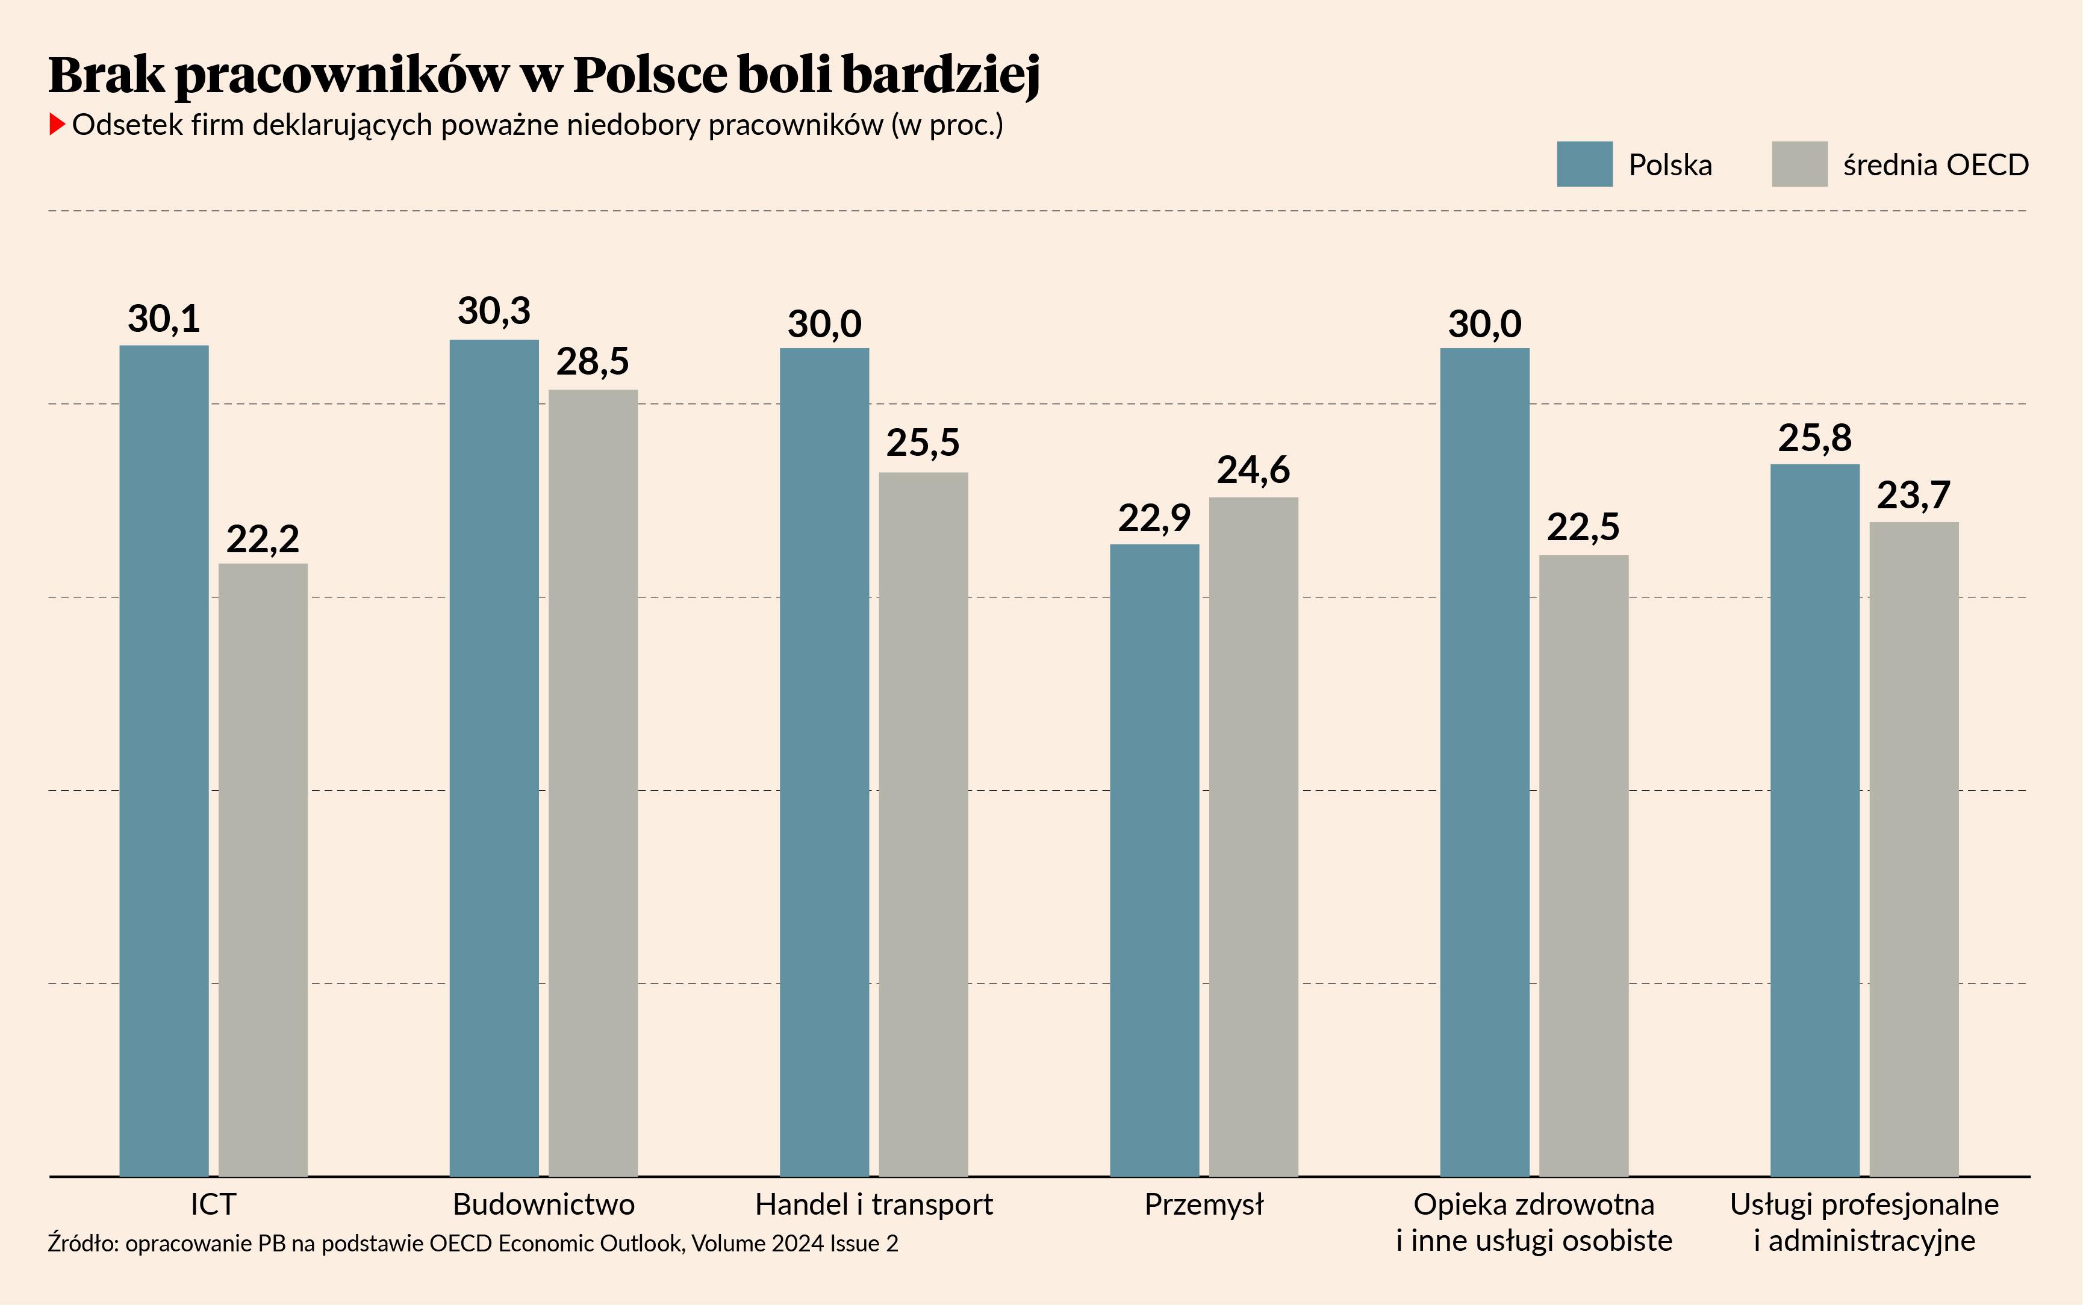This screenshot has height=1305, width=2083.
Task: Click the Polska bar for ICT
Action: click(164, 759)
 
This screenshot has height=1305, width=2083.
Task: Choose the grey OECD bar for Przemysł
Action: click(1254, 836)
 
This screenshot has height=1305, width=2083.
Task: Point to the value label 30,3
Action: click(494, 311)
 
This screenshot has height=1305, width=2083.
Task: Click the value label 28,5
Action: click(593, 363)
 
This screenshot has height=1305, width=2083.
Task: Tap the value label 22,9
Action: click(1154, 519)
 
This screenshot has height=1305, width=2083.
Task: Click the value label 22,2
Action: click(263, 540)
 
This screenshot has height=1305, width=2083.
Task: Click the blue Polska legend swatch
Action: click(1584, 164)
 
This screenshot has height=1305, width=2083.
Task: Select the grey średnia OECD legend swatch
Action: click(1799, 164)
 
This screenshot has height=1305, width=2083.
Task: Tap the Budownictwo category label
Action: click(544, 1204)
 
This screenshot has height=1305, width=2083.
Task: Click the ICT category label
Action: click(213, 1204)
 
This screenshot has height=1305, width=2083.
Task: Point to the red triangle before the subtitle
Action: click(57, 124)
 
